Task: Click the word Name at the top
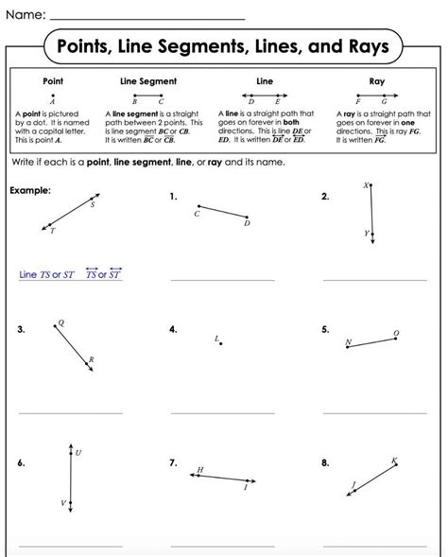24,15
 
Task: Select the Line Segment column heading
147,82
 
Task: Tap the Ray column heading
376,82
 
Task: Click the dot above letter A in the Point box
53,95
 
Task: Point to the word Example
29,190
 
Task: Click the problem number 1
174,197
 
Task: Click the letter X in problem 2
365,186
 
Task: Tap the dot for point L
220,343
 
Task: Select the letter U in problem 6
78,453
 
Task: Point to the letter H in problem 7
199,469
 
